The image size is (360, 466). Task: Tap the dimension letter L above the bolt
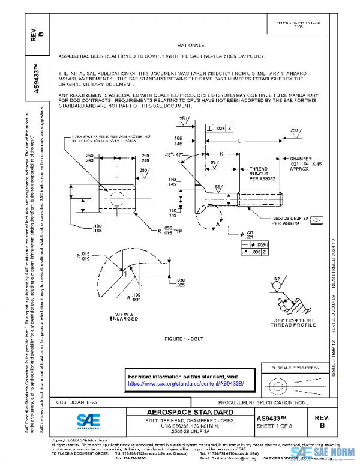coord(241,141)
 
